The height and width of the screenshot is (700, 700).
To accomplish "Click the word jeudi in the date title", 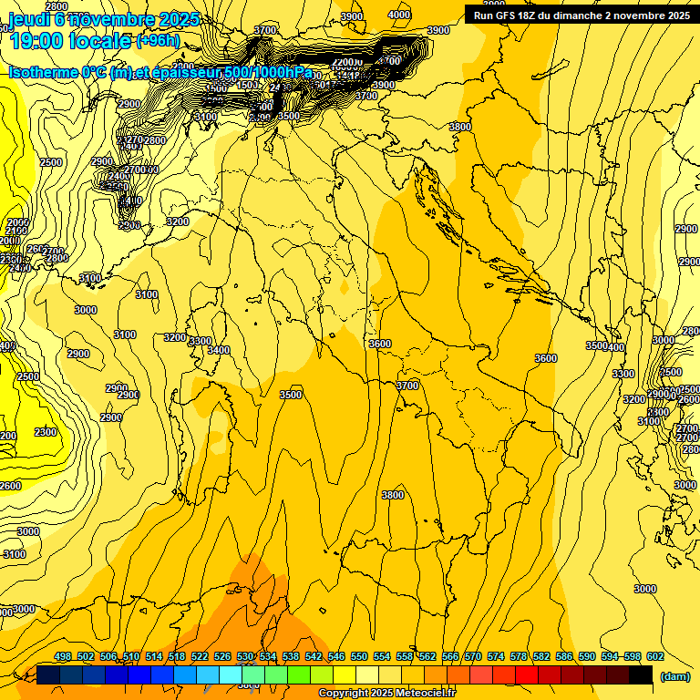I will [x=27, y=19].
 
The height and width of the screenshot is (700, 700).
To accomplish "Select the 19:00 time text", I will [x=42, y=40].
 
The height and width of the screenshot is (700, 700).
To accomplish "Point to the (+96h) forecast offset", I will [x=158, y=41].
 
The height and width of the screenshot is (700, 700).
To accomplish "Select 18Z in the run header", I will [x=533, y=15].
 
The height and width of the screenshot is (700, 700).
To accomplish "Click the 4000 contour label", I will [x=398, y=15].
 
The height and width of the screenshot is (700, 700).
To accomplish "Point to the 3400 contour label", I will [x=219, y=350].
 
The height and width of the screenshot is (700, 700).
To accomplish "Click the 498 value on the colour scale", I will [x=63, y=656].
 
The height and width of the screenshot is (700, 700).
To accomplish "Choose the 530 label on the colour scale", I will [x=245, y=656].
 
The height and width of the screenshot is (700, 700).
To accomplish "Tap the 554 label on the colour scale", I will [x=382, y=656].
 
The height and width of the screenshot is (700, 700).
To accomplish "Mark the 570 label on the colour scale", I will [x=473, y=656].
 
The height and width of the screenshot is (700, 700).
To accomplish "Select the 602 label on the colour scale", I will [x=655, y=656].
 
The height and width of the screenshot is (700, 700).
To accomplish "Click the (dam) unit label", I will [x=674, y=675].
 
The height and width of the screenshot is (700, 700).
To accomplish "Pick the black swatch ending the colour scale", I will [x=641, y=675].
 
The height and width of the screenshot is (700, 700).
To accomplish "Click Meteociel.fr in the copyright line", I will [x=431, y=694].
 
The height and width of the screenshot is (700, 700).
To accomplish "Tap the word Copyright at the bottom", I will [x=343, y=694].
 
